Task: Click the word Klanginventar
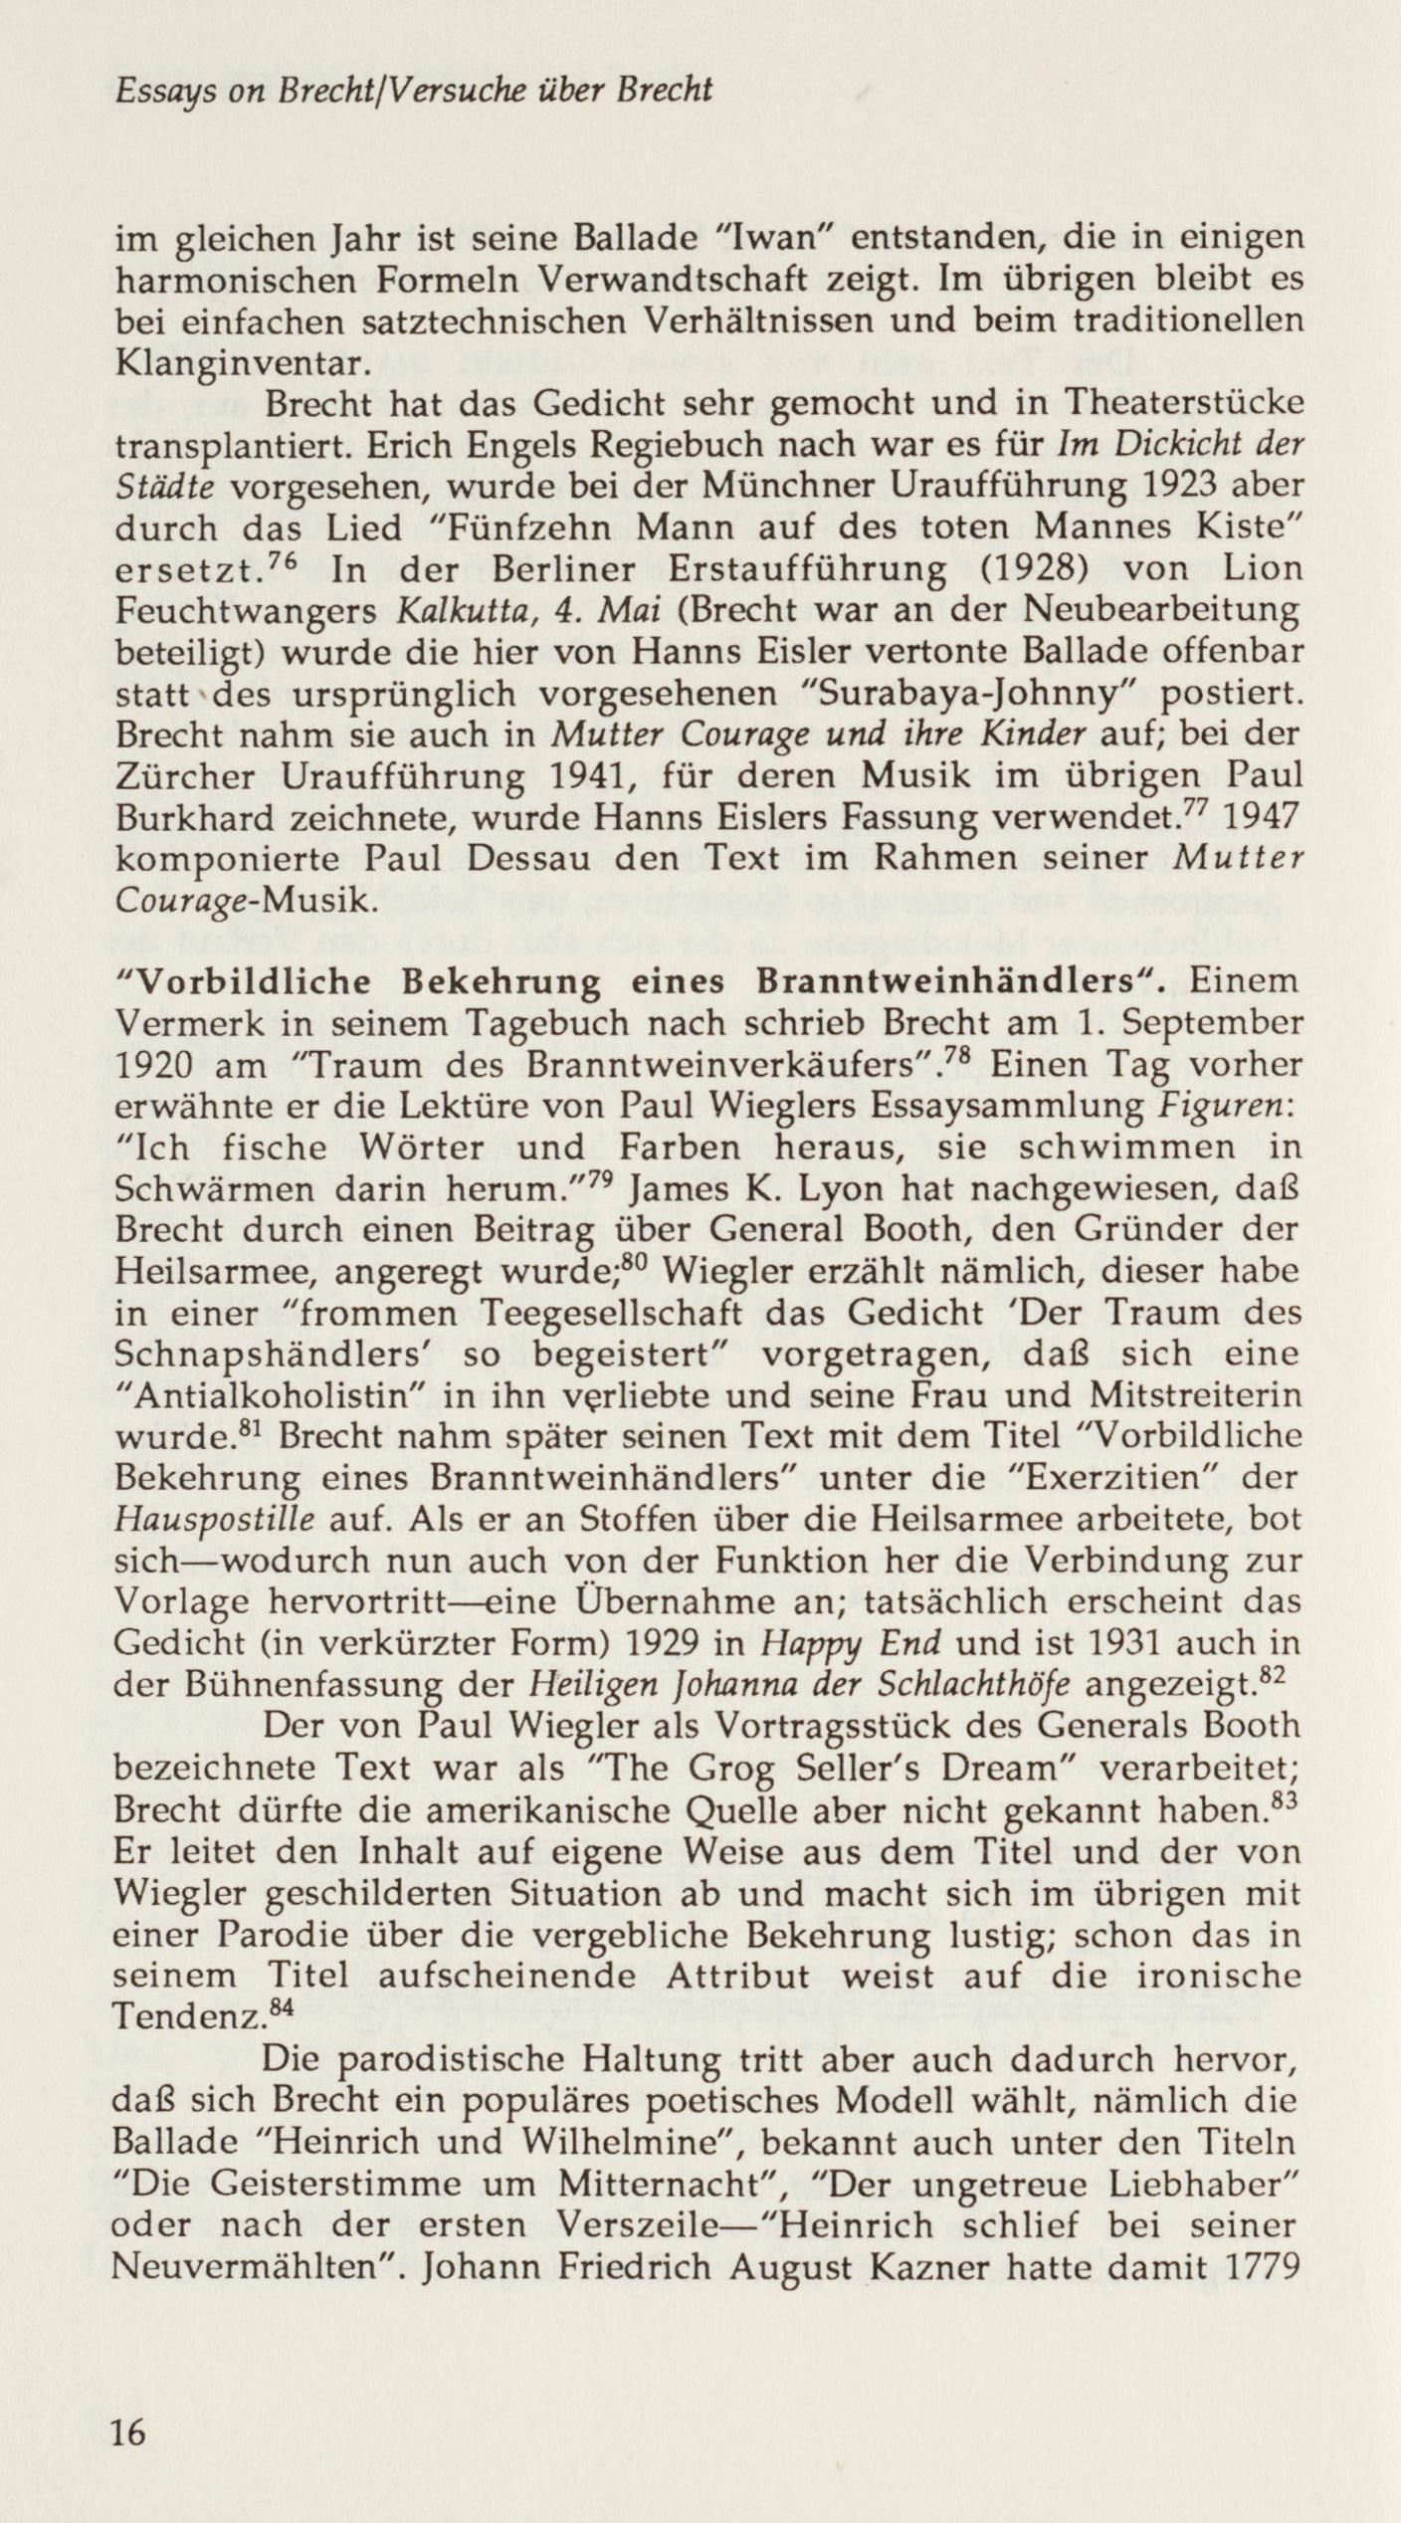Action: tap(244, 361)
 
